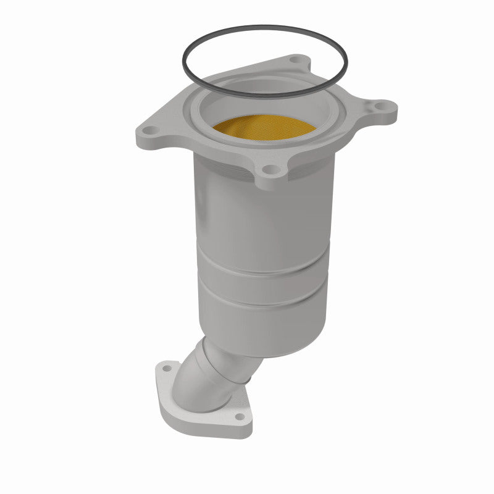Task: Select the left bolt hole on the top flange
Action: (x=148, y=130)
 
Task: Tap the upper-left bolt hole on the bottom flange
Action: (x=165, y=369)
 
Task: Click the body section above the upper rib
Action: (x=259, y=216)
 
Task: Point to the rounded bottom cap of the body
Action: (x=272, y=349)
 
